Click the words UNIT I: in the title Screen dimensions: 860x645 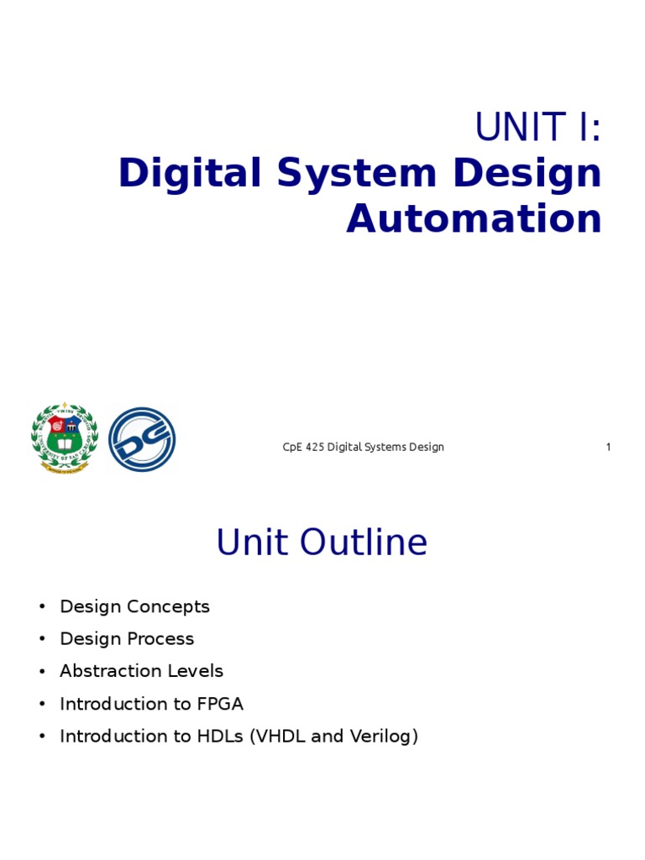538,128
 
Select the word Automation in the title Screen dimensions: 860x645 474,219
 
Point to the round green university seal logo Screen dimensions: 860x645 65,438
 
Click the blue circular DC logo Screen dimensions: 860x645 142,438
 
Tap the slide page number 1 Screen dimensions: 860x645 608,447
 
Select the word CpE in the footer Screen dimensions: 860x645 291,447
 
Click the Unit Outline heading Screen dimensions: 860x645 322,543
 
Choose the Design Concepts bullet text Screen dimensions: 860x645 134,606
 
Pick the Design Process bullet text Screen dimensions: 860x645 127,639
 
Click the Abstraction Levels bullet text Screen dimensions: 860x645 141,671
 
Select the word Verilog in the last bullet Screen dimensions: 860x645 383,737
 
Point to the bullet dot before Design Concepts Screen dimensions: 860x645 40,607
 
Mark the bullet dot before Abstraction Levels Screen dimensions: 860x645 40,672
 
